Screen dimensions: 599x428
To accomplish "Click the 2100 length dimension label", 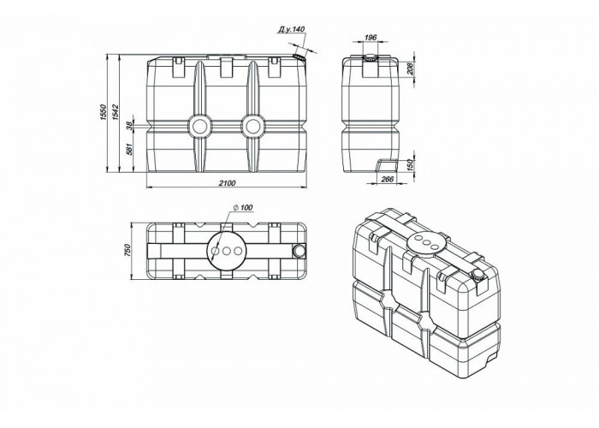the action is tap(228, 183).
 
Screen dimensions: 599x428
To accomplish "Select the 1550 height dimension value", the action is tap(103, 113).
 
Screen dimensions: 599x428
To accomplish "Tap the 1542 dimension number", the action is tap(116, 113).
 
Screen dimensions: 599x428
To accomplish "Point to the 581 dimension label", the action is tap(129, 150).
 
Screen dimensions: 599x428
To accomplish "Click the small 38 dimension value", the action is tap(129, 125).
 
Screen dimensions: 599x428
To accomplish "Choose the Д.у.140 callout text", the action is tap(292, 29).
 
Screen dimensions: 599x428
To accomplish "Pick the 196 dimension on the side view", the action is tap(371, 38).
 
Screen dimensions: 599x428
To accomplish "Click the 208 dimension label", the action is tap(410, 69).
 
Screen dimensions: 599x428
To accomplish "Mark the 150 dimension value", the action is tap(410, 166).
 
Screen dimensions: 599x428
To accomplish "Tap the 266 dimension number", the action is tap(388, 179).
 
